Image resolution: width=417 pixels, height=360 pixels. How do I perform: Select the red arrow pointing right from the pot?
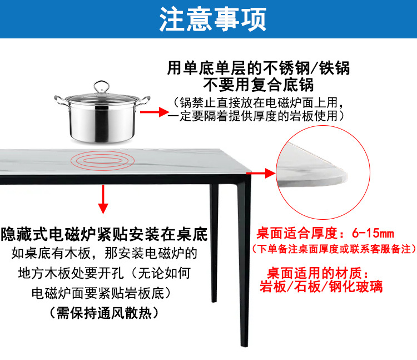pyautogui.click(x=153, y=112)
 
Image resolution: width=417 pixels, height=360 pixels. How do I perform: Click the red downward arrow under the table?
pyautogui.click(x=102, y=199)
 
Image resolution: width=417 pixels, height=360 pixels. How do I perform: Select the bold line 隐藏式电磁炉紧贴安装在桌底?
pyautogui.click(x=104, y=234)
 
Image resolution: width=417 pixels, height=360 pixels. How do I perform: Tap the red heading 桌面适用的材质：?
pyautogui.click(x=321, y=273)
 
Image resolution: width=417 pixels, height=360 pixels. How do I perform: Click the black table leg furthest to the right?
pyautogui.click(x=244, y=267)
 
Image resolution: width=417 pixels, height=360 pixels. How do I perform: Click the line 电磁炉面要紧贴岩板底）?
pyautogui.click(x=104, y=293)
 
